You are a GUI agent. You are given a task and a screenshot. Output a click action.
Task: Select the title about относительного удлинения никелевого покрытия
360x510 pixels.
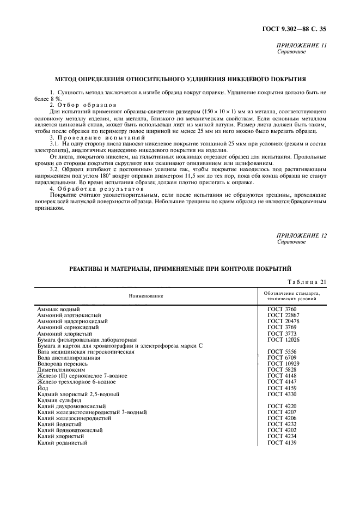point(181,79)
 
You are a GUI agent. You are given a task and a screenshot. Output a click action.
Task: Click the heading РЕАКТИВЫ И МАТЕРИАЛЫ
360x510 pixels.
point(180,269)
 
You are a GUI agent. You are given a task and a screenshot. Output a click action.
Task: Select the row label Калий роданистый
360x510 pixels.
point(63,442)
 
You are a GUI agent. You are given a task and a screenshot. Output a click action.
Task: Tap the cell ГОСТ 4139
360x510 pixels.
point(282,442)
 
